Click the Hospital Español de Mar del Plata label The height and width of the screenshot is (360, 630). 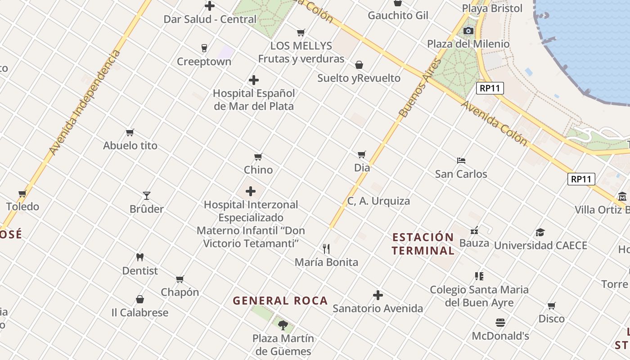(x=254, y=99)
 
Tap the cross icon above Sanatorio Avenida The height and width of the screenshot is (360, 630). (x=378, y=295)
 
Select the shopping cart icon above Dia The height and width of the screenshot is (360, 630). (x=361, y=154)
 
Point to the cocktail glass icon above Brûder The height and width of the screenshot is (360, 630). (x=146, y=195)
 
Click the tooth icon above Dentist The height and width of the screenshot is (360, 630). (x=140, y=257)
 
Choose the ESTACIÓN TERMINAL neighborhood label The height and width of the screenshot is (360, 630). (x=423, y=244)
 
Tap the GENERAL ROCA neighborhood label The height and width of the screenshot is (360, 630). (x=280, y=301)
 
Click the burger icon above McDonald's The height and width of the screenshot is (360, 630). (x=500, y=322)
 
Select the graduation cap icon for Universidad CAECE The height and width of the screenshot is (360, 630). (x=540, y=232)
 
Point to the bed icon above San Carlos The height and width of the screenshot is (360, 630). (x=461, y=160)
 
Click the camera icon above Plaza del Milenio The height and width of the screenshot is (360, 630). (x=468, y=31)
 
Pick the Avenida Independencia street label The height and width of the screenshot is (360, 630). (x=85, y=103)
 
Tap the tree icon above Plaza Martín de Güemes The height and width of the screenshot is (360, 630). (x=283, y=324)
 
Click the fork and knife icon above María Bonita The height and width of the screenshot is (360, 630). (x=326, y=248)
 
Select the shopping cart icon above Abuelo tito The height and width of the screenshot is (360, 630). (x=130, y=132)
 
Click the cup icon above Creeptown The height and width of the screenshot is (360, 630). (x=204, y=48)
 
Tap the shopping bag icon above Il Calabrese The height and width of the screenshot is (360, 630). (x=140, y=299)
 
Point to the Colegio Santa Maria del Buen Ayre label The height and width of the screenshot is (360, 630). (x=479, y=296)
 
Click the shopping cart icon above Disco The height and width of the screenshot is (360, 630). (x=551, y=306)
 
